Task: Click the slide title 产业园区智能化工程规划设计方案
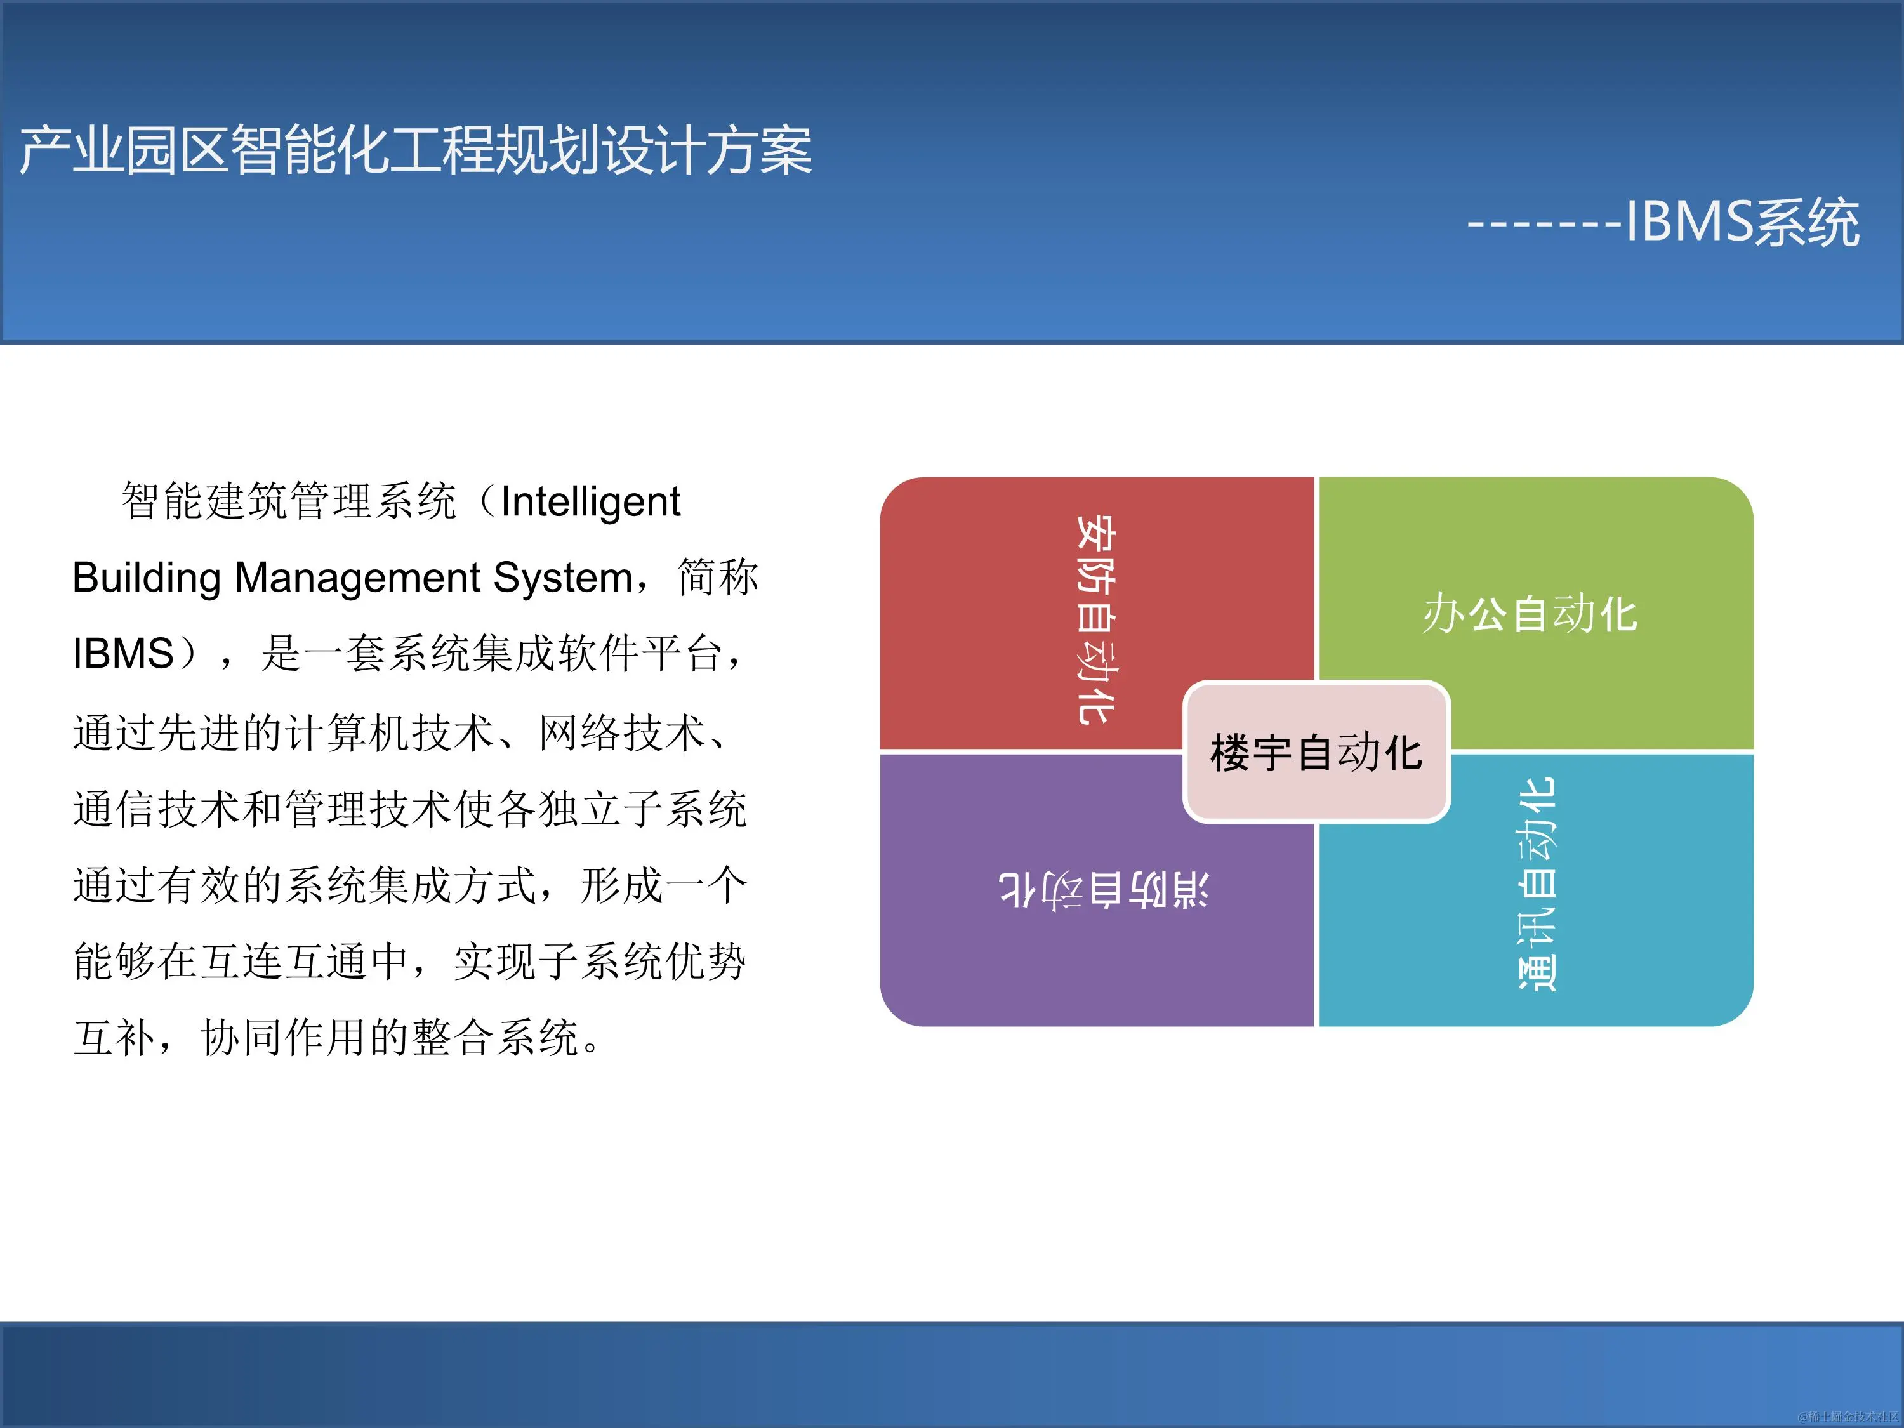416,150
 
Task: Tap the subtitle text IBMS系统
1742,222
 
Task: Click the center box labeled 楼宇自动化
1316,752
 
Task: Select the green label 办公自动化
1530,614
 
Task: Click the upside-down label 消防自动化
1104,889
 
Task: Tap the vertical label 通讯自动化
1537,885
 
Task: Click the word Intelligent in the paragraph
590,502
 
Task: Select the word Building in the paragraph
147,578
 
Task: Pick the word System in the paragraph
563,578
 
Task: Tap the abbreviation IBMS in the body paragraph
123,653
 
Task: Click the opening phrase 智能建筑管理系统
288,502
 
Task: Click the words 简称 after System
718,578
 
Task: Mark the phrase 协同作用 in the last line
284,1037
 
